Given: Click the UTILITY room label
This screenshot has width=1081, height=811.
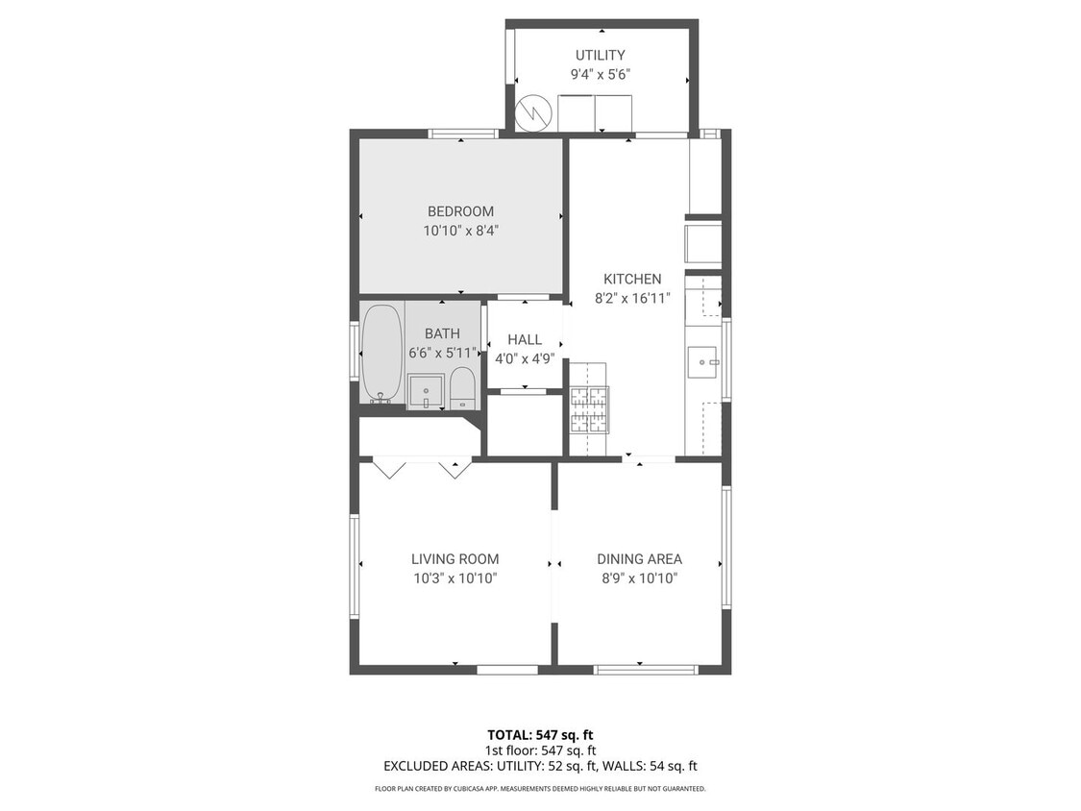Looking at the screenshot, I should coord(600,56).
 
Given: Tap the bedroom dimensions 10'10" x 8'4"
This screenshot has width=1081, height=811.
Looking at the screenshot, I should coord(460,231).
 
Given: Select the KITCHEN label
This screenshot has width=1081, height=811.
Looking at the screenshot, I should coord(631,279).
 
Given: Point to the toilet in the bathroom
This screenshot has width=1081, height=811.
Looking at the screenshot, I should coord(462,388).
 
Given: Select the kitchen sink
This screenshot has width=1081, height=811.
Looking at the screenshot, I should coord(705,363).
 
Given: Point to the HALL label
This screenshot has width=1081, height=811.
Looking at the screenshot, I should coord(525,339).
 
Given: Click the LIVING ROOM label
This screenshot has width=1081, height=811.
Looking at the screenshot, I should coord(455,559).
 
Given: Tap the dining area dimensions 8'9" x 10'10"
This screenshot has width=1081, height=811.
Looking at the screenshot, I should coord(638,578).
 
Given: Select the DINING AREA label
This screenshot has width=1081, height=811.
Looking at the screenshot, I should coord(639,559).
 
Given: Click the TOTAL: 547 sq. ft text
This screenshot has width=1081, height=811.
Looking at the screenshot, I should coord(539,735).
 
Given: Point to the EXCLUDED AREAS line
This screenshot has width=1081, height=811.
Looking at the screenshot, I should coord(539,766).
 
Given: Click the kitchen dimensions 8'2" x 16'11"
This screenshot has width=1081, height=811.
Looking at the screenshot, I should coord(631,298).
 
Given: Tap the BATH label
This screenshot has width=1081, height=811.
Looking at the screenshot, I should coord(442,333).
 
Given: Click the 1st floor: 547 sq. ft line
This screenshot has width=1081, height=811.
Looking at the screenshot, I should coord(539,750).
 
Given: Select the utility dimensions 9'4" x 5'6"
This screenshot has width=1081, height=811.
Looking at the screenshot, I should coord(600,75).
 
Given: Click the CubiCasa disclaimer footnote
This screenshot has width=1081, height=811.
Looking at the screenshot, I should coord(539,789).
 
